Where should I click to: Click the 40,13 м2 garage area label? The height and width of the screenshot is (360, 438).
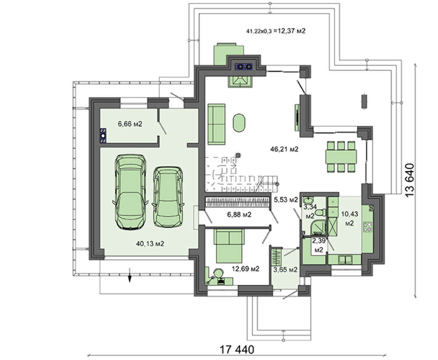tap(150, 244)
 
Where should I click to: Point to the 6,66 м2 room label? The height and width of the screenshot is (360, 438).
tap(130, 124)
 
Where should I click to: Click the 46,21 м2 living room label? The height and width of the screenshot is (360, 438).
tap(284, 149)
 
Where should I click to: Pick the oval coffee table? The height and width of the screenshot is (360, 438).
tap(239, 123)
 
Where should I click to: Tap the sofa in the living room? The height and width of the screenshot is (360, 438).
tap(216, 124)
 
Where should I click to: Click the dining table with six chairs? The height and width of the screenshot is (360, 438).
tap(341, 157)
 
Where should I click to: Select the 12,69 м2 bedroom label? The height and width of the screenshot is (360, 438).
tap(246, 269)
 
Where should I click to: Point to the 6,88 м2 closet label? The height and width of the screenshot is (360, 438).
tap(239, 215)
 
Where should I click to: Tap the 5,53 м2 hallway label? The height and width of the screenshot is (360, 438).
tap(286, 200)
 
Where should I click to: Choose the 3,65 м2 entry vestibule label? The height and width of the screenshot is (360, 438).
tap(285, 270)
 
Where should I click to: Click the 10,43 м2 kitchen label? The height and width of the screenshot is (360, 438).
tap(350, 219)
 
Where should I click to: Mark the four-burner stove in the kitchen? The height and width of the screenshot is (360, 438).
tap(367, 226)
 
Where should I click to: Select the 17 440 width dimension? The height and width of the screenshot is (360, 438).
tap(237, 349)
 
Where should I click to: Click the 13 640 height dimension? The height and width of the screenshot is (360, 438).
tap(410, 180)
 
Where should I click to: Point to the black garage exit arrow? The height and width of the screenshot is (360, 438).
tap(130, 275)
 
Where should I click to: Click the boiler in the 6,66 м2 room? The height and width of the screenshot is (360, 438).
tap(103, 135)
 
